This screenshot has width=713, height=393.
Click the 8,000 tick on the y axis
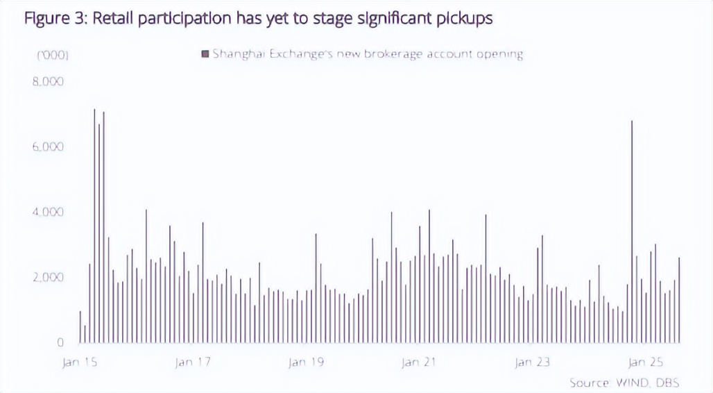pos(49,82)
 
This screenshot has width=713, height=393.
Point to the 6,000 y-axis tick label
pos(49,147)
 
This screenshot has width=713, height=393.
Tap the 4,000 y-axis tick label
pos(49,212)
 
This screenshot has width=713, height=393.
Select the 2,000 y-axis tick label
pos(49,278)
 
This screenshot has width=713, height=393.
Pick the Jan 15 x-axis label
pos(80,362)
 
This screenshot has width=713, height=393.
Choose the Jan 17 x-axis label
pos(193,362)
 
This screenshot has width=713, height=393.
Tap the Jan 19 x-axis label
pos(306,362)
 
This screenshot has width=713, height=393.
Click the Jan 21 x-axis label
pos(420,362)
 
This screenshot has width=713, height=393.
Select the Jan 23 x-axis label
pos(533,362)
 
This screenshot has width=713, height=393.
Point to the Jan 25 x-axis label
pos(646,362)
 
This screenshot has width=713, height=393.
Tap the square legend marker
pos(205,54)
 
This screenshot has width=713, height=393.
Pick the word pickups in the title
pos(466,19)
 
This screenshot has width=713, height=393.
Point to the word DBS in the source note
pos(667,383)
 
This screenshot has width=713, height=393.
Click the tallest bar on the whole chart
pos(94,226)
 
